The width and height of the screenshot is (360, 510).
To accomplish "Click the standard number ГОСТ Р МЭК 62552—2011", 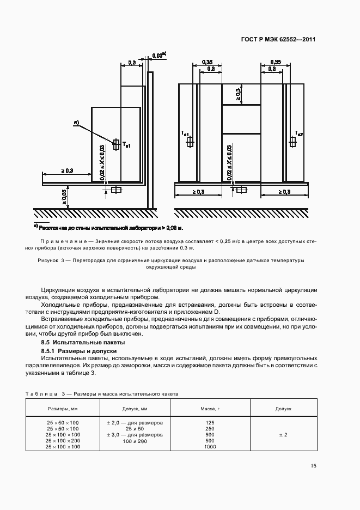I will (278, 40).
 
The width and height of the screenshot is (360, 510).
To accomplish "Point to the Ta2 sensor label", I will (299, 133).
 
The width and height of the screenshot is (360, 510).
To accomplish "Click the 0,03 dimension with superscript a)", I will (158, 56).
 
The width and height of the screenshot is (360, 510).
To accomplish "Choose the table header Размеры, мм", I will (63, 408).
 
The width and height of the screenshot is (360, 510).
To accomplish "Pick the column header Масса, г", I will (210, 408).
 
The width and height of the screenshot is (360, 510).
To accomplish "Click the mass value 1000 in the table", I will (210, 447).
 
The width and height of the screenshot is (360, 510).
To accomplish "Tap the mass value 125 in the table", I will (210, 423).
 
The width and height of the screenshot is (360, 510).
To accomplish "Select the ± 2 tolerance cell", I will (283, 435).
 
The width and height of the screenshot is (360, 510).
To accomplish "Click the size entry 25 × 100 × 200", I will (63, 441).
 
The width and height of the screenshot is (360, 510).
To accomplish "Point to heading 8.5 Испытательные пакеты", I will (83, 342).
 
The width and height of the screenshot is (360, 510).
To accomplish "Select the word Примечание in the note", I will (64, 241).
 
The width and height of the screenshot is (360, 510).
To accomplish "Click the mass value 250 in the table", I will (210, 429).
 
